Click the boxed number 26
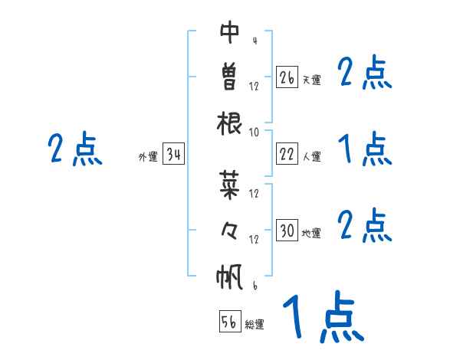click(287, 77)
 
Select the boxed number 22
click(287, 154)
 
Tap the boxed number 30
click(287, 231)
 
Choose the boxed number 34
click(173, 155)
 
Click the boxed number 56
click(229, 322)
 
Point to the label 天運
click(311, 80)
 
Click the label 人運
click(311, 156)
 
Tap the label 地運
click(311, 233)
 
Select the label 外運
click(148, 157)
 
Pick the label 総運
click(255, 324)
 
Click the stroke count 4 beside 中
click(254, 40)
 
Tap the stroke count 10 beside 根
click(255, 132)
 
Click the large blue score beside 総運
click(322, 318)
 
